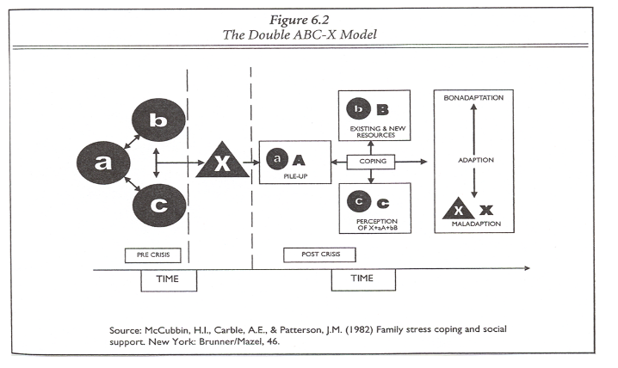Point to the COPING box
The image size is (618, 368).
[x=370, y=161]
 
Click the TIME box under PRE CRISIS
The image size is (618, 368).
[x=169, y=279]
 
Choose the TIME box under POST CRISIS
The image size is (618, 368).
[x=363, y=279]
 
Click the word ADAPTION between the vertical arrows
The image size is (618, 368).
[x=476, y=161]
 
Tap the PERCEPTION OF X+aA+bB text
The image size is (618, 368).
[x=376, y=225]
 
